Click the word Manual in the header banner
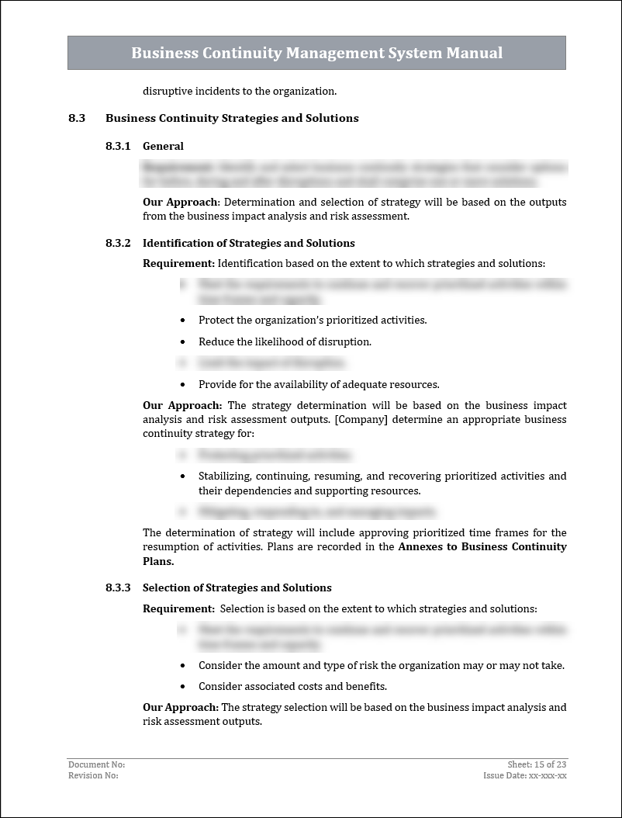coord(472,53)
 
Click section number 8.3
coord(76,118)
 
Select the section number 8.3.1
coord(118,146)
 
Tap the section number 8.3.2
coord(118,243)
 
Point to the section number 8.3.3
coord(118,588)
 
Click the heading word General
coord(163,146)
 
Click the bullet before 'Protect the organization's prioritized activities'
coord(182,321)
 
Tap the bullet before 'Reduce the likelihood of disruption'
coord(182,342)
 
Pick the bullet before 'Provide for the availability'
coord(182,385)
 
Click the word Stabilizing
coord(224,476)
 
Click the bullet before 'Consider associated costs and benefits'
coord(182,687)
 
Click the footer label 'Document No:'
coord(96,764)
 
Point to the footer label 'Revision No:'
coord(93,775)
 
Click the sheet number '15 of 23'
coord(550,764)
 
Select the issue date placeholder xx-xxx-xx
coord(548,775)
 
